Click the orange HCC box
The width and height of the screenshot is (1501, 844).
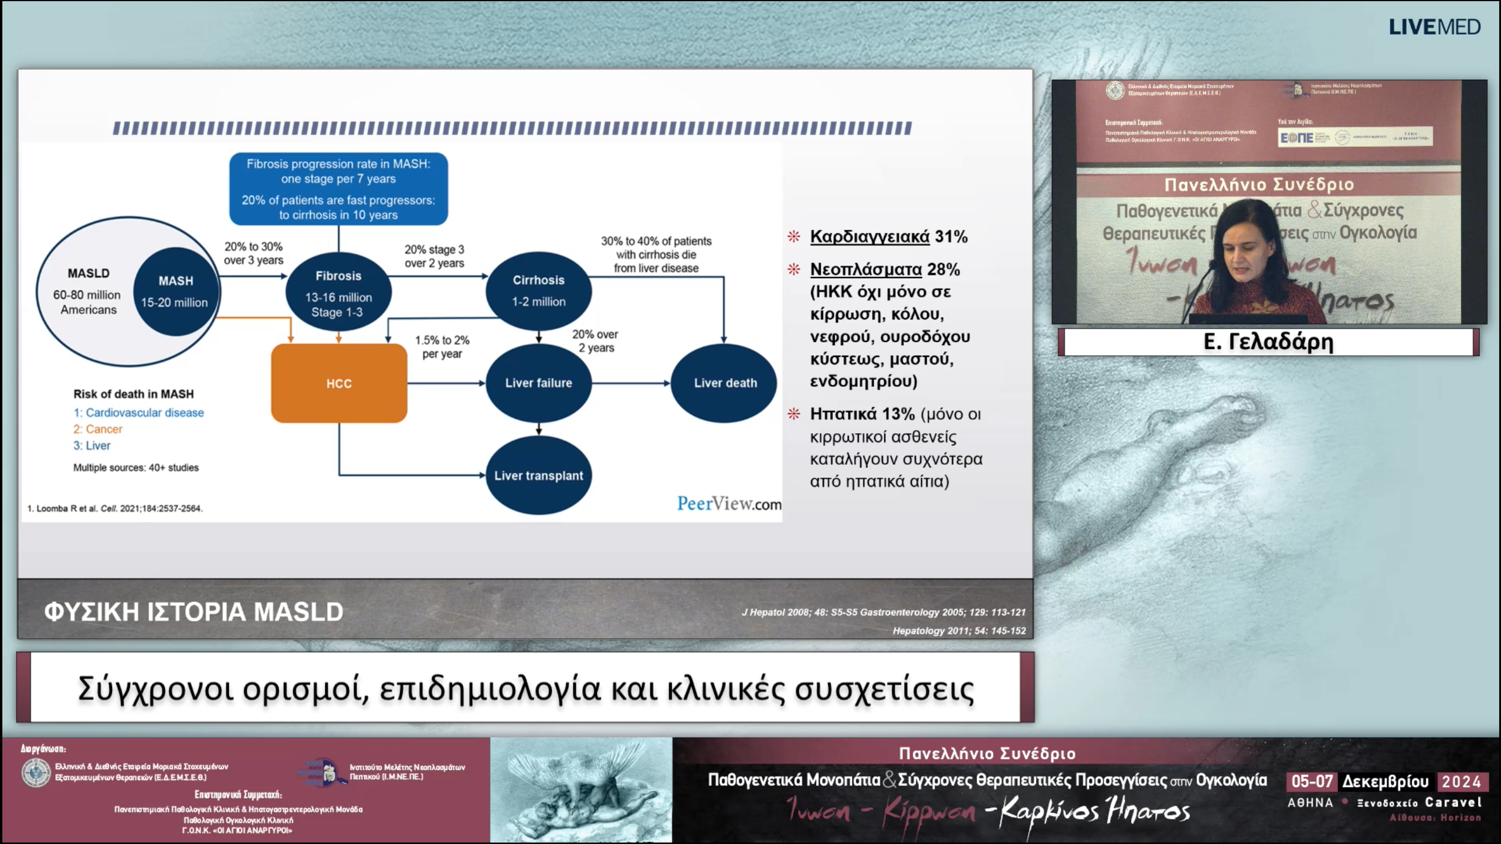(339, 383)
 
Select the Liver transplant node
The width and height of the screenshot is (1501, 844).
(538, 475)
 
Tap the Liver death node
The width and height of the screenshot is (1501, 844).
(725, 383)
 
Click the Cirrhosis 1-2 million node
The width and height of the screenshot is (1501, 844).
(538, 291)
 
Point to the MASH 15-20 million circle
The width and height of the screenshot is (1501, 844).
(175, 291)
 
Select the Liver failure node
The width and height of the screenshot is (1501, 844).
(538, 383)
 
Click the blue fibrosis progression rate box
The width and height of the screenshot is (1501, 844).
(338, 189)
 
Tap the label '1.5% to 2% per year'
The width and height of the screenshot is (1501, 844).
(442, 346)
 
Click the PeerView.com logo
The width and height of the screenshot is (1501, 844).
(729, 503)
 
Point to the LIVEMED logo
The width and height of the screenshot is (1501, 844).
(1434, 27)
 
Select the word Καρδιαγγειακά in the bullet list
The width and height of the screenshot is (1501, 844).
(870, 237)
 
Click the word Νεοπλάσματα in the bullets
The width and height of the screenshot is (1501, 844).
(865, 270)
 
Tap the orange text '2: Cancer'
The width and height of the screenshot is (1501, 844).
(98, 429)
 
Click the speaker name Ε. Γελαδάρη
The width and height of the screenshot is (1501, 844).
(1268, 341)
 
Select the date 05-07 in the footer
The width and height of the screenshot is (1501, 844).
(1312, 781)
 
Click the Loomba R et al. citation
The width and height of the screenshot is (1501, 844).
(115, 508)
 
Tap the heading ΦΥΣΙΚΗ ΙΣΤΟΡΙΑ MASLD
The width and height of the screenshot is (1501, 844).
(193, 611)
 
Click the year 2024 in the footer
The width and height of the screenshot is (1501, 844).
(1461, 781)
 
